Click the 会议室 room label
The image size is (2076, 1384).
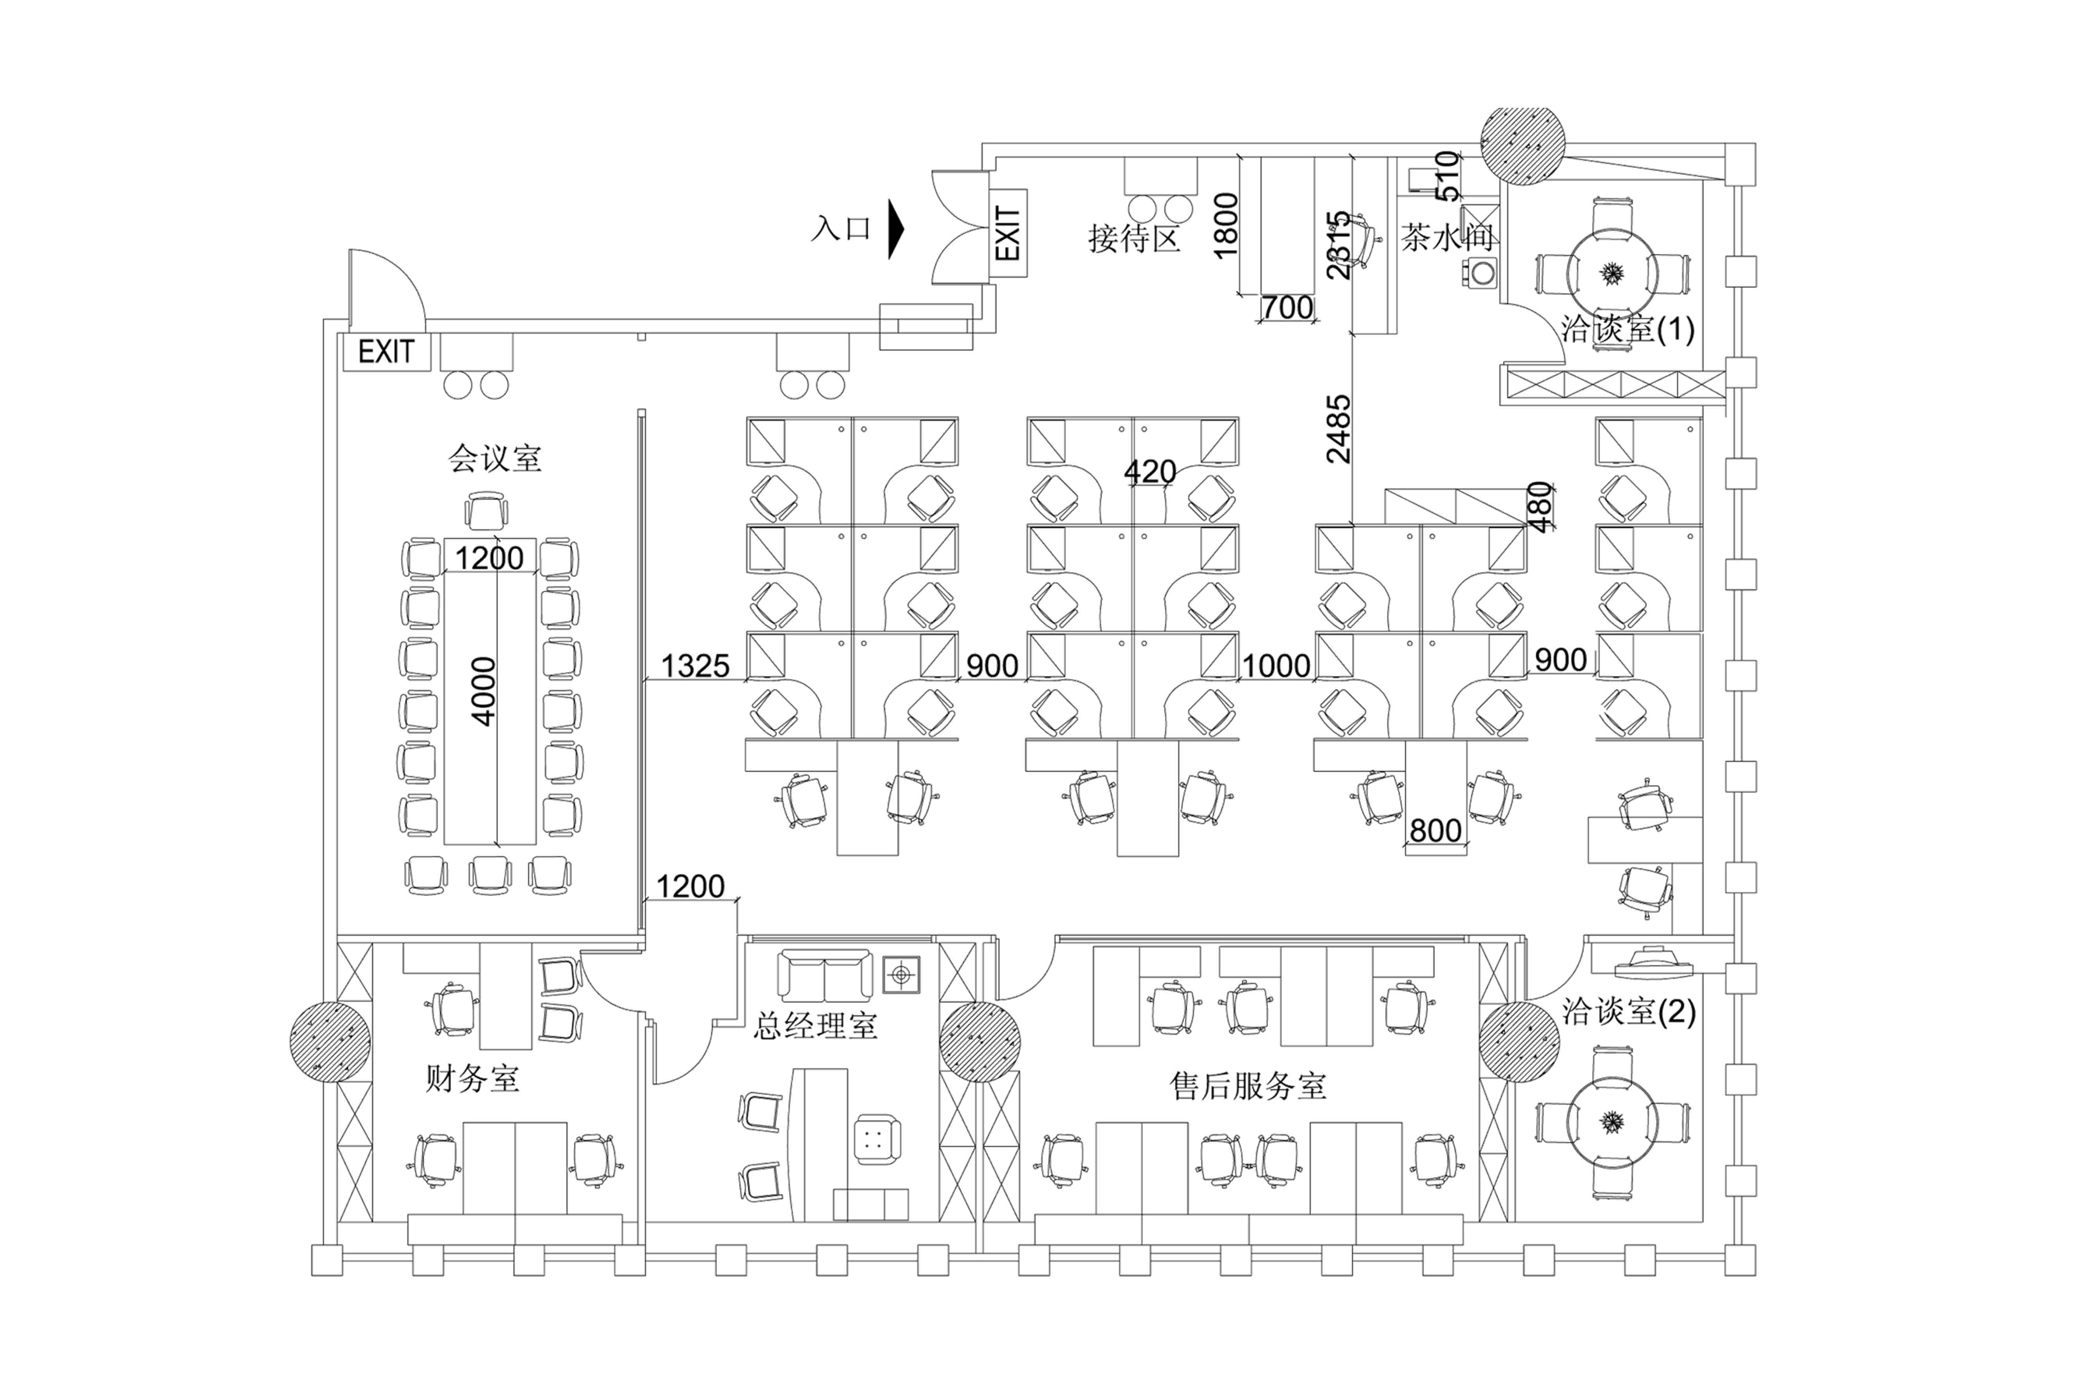click(494, 458)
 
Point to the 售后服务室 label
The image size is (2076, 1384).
click(1248, 1086)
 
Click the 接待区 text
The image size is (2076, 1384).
click(1134, 238)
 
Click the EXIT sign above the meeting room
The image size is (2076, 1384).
click(386, 352)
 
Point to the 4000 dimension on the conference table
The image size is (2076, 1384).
click(484, 691)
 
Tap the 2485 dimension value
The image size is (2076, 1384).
click(1338, 429)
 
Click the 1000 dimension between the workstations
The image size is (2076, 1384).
click(1276, 666)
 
